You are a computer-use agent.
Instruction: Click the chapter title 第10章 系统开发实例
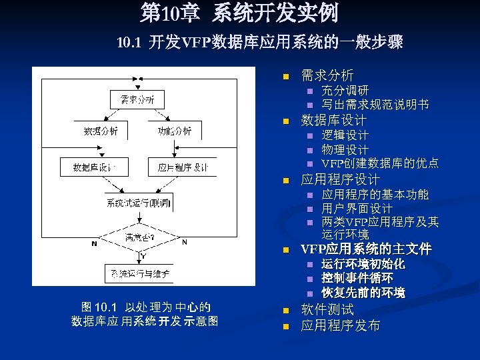(239, 13)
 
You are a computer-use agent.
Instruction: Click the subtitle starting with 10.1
(259, 43)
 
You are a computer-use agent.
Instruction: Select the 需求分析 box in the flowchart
(137, 99)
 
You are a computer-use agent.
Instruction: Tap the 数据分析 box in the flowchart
(101, 131)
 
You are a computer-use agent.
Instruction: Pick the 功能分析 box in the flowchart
(175, 131)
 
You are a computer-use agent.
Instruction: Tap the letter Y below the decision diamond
(143, 255)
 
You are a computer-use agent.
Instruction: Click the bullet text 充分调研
(345, 90)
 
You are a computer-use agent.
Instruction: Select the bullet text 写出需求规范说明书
(375, 105)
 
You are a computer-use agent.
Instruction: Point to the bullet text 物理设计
(345, 149)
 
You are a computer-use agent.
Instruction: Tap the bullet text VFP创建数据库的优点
(380, 163)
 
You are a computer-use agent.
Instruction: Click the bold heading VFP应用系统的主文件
(366, 249)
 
